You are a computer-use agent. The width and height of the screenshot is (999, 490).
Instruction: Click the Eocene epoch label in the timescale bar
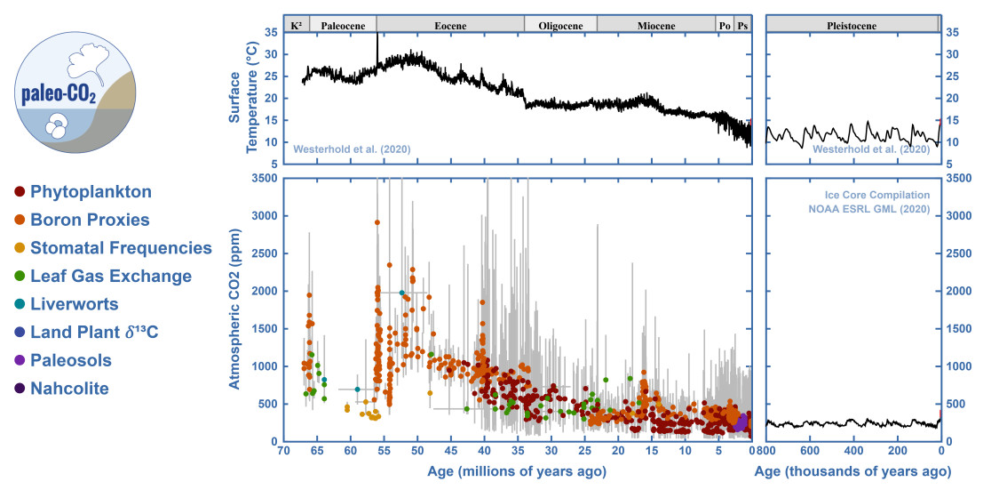click(450, 26)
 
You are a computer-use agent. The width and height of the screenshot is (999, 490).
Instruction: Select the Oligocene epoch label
click(560, 26)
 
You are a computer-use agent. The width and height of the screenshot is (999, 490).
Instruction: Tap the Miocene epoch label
click(656, 26)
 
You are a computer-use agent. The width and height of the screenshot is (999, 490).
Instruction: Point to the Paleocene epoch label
click(343, 26)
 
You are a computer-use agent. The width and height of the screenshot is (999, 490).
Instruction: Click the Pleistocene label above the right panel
click(852, 26)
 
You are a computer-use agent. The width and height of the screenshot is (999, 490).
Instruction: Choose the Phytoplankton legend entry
click(91, 192)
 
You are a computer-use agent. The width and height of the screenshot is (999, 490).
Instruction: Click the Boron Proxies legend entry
click(90, 220)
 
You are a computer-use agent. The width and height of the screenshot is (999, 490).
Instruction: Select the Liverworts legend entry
click(74, 304)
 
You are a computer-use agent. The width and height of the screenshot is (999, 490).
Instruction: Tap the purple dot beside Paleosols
click(19, 360)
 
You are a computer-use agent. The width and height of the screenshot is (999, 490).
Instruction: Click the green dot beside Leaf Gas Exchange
click(19, 277)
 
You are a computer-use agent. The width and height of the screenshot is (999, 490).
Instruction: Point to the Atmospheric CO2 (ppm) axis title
click(236, 309)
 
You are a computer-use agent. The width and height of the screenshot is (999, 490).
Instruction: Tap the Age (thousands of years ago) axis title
click(852, 470)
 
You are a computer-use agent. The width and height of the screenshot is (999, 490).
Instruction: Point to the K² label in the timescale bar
click(296, 26)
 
